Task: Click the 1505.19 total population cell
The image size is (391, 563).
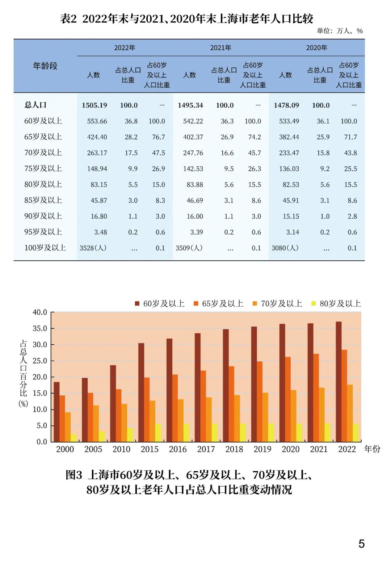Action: (94, 105)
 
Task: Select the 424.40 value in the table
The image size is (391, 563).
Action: (97, 137)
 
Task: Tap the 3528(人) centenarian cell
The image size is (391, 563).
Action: (93, 248)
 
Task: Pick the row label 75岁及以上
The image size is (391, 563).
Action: (43, 169)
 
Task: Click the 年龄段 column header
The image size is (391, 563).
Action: (45, 66)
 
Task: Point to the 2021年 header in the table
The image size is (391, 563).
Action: (220, 48)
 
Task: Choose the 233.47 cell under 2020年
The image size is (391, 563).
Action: (289, 153)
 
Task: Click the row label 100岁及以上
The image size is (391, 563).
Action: (45, 248)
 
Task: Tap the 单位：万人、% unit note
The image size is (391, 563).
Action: (340, 31)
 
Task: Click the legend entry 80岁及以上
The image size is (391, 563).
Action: (336, 304)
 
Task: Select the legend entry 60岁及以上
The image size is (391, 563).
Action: (160, 304)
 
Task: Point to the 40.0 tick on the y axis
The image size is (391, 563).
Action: (40, 312)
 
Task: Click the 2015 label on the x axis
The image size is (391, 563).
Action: (150, 449)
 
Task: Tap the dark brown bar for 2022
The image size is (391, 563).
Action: (339, 381)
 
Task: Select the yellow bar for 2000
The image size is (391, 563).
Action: (73, 438)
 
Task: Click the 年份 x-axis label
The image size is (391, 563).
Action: (372, 449)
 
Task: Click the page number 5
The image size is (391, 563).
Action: (361, 544)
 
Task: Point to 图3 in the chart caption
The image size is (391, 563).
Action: (74, 475)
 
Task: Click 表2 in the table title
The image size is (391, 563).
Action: (68, 19)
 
